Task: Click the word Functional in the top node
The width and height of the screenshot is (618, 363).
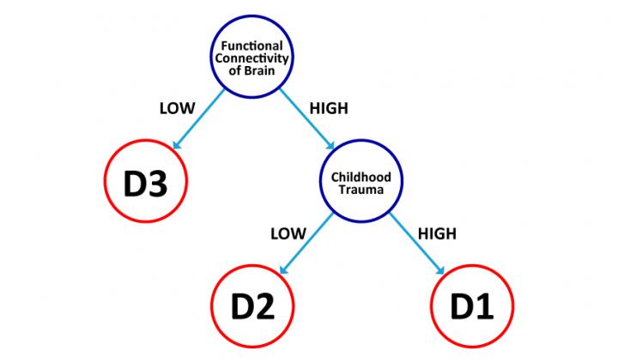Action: (253, 45)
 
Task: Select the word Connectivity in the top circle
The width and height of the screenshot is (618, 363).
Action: (253, 57)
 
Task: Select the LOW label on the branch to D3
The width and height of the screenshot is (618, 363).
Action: (178, 109)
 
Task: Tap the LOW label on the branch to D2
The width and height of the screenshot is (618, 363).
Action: (288, 233)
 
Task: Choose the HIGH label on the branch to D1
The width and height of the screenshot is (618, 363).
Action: (436, 233)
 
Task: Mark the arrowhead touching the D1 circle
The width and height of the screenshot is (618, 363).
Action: (439, 271)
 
